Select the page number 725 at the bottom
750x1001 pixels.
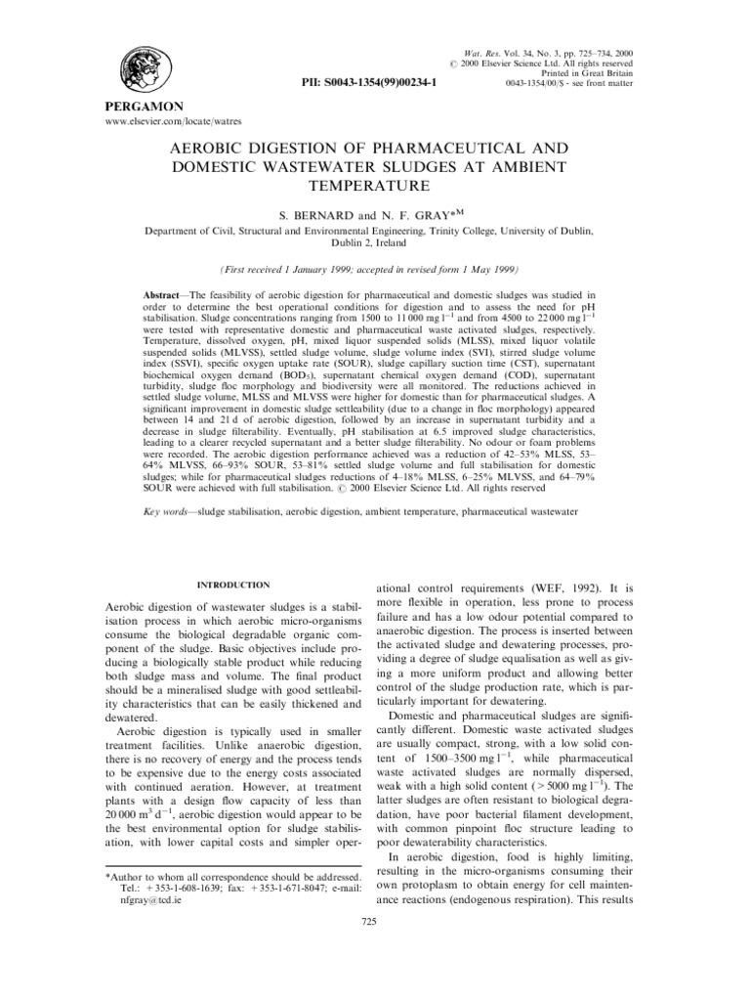[x=368, y=922]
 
